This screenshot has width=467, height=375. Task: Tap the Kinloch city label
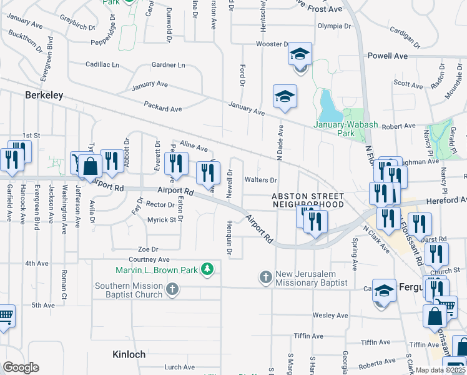(129, 354)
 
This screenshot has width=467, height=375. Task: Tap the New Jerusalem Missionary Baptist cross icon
(265, 276)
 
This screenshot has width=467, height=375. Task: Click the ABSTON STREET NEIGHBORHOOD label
(308, 200)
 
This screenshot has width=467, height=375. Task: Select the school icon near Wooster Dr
(300, 55)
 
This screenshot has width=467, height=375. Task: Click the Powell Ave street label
(388, 56)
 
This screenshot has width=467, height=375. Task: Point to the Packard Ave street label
(162, 108)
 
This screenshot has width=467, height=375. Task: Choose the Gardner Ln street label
(169, 65)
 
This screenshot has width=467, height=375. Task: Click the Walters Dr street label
(260, 180)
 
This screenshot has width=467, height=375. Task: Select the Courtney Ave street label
(149, 259)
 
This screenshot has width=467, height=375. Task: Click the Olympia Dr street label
(334, 26)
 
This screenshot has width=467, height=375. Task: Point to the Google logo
(21, 367)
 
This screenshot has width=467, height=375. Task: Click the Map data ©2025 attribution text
(440, 370)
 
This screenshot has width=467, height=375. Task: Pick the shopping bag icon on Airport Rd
(91, 167)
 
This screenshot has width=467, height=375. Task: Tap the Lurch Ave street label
(163, 367)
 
